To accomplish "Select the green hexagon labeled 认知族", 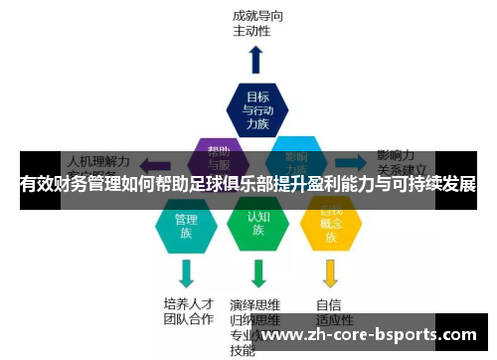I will [x=257, y=225].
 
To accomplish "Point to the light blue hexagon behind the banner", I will [x=295, y=159].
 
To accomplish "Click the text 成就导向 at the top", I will [x=256, y=15].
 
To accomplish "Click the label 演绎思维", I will [x=254, y=304].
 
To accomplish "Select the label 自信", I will [x=329, y=303].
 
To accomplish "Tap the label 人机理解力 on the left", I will [x=97, y=159].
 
